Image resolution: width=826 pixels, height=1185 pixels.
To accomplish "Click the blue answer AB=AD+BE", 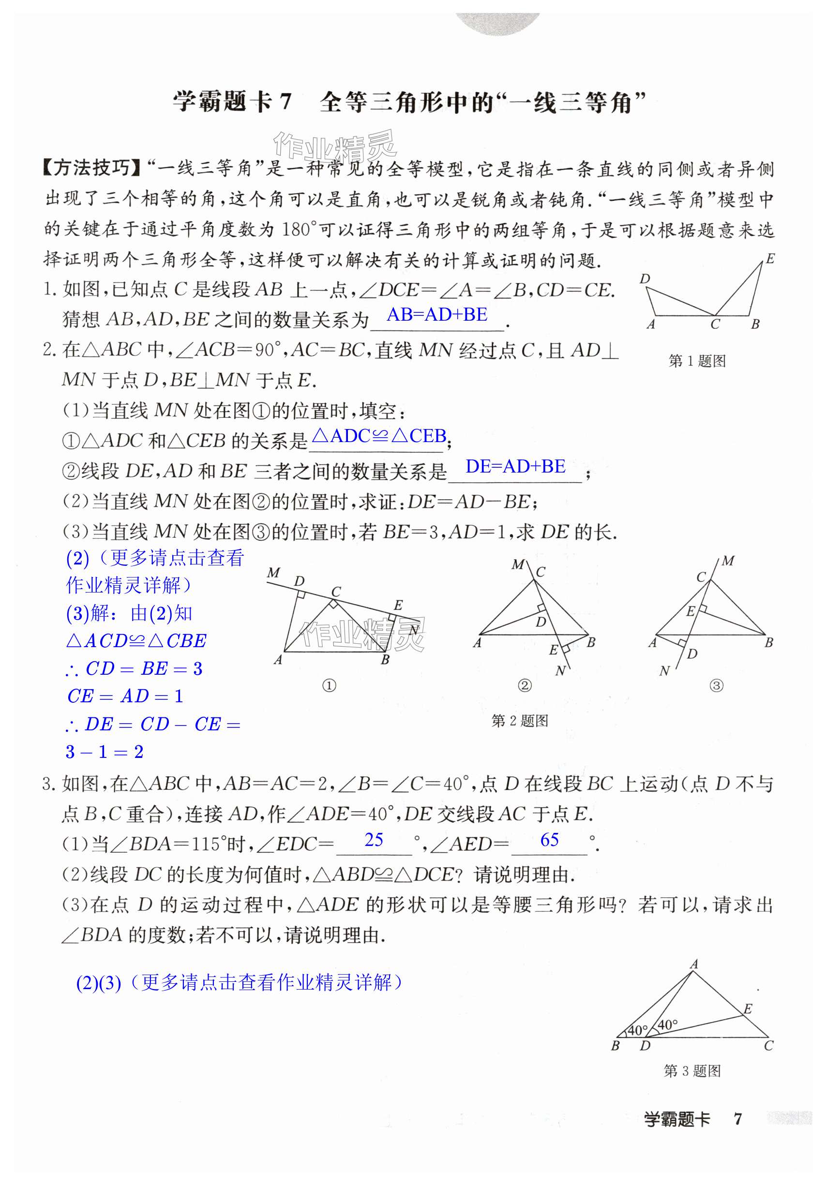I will click(437, 314).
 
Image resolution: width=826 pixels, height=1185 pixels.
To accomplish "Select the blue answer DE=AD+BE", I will click(515, 466).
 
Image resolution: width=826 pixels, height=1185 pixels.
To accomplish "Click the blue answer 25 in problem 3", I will click(374, 840).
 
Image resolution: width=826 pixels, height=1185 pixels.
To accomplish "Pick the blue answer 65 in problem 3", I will click(549, 840).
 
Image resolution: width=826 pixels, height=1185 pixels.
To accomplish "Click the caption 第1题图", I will click(697, 361).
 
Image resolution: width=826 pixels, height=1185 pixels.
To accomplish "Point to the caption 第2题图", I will click(519, 721).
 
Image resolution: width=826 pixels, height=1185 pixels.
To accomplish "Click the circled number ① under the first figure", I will click(329, 686).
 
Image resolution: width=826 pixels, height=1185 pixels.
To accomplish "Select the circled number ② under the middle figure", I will click(524, 686).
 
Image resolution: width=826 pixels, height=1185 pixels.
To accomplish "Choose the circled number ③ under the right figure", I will click(716, 686).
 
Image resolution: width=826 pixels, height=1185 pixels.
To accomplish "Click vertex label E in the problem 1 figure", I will click(770, 259).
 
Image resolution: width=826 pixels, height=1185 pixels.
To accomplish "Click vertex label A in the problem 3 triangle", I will click(694, 963).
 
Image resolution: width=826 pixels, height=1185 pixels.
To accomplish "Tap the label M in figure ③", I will click(728, 561).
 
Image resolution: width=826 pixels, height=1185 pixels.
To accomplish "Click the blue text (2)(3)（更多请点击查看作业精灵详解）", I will click(239, 982).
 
